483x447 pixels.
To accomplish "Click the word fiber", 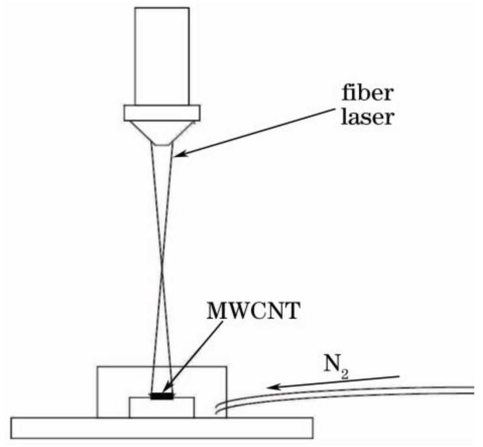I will (366, 94).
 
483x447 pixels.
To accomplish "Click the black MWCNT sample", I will (162, 396).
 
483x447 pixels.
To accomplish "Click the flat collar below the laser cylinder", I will (162, 112).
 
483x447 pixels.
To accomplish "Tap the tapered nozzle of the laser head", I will (162, 132).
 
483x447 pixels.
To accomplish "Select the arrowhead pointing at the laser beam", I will (179, 154).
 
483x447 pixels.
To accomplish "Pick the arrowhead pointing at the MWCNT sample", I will (168, 391).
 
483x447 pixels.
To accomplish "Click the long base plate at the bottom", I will (162, 427).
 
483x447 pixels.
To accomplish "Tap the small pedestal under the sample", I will (162, 408).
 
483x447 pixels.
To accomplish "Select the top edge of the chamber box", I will (162, 367).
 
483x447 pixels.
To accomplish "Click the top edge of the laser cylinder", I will (162, 8).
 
